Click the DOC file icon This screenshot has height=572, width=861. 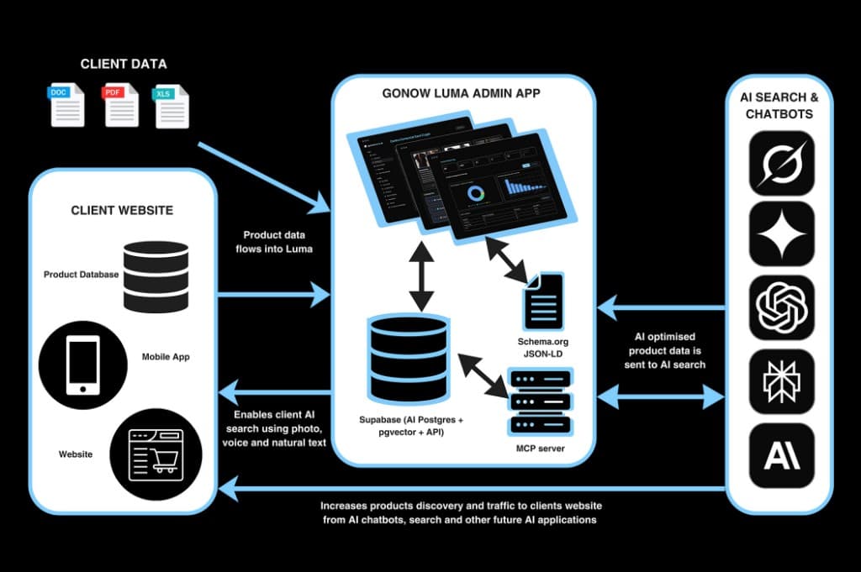tap(67, 104)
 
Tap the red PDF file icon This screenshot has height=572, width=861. tap(120, 104)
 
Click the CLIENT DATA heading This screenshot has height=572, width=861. tap(124, 64)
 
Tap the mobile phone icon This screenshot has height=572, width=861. tap(82, 366)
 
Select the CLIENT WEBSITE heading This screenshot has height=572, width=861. tap(123, 210)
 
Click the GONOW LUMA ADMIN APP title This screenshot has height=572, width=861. tap(462, 94)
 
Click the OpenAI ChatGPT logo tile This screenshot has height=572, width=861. tap(781, 306)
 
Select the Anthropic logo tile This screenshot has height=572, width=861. tap(781, 454)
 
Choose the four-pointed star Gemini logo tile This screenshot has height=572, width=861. tap(781, 233)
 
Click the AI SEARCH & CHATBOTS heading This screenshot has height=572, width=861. tap(779, 106)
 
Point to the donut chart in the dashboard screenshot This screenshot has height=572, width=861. tap(477, 193)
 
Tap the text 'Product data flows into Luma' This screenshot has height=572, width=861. tap(274, 242)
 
